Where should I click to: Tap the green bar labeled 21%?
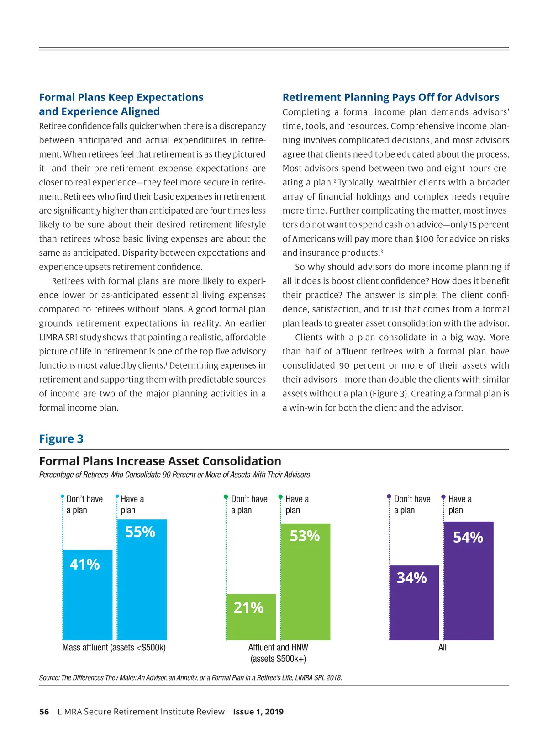point(251,617)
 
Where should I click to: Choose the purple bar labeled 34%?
point(414,602)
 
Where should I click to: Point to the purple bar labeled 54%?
point(469,581)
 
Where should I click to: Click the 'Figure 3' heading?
point(61,439)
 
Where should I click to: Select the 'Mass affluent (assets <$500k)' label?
point(114,648)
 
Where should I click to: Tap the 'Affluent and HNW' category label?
point(278,648)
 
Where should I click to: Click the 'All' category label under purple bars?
point(442,648)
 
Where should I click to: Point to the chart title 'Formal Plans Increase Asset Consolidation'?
point(160,461)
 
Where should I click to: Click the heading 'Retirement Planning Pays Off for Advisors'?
point(390,97)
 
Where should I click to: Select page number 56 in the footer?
point(44,712)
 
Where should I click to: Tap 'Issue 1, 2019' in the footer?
point(258,712)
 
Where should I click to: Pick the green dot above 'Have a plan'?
point(280,496)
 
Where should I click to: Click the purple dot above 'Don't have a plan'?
point(389,496)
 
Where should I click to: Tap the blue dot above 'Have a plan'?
point(117,496)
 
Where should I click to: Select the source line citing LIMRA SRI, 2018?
point(190,678)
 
